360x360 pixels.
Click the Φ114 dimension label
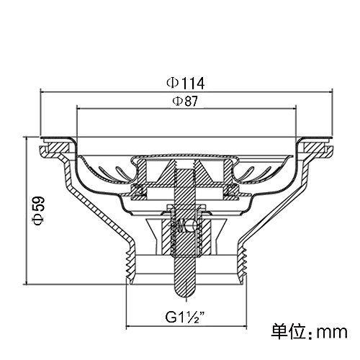pos(186,83)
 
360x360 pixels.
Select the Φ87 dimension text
pos(185,101)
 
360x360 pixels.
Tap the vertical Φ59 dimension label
pos(39,210)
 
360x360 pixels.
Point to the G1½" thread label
pos(185,317)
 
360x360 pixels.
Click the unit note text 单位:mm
pos(309,332)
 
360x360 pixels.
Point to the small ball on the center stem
pos(193,226)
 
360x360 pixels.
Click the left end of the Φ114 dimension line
pos(40,91)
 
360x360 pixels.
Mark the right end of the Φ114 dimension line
pos(333,91)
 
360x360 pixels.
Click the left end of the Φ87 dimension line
pos(76,109)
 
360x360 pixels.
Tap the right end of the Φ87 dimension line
pos(297,109)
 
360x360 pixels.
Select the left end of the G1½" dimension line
pos(127,326)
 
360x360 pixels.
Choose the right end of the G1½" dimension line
pos(247,326)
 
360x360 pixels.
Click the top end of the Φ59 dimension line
pos(27,137)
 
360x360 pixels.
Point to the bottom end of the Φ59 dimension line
pos(27,284)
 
